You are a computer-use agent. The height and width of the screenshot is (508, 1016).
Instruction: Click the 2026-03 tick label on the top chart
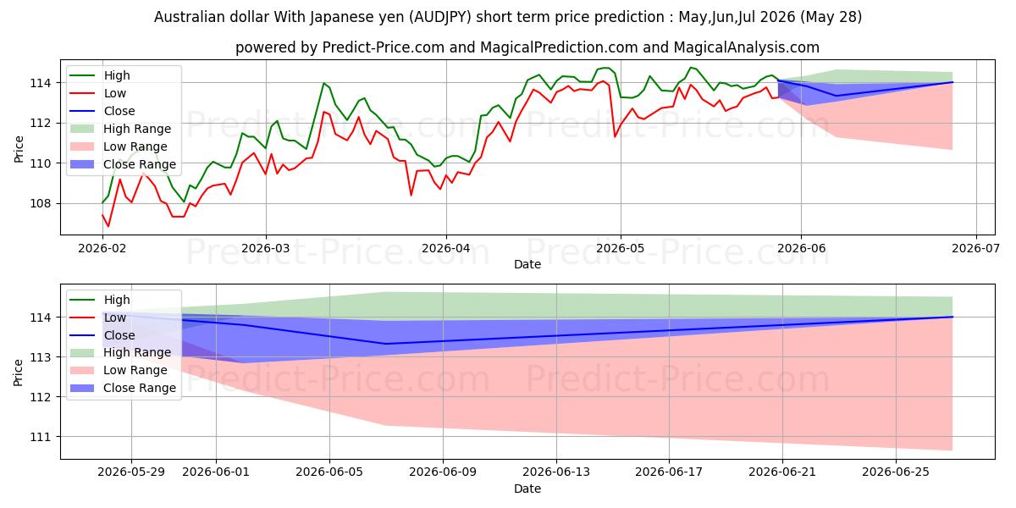[x=265, y=249]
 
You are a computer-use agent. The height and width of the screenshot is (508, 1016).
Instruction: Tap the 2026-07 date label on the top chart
[x=975, y=249]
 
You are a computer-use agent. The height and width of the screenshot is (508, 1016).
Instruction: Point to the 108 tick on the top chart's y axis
[x=41, y=204]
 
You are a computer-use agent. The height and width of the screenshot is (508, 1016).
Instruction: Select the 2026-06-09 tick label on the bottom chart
[x=443, y=472]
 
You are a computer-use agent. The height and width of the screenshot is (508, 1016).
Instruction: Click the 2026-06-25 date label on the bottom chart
[x=896, y=472]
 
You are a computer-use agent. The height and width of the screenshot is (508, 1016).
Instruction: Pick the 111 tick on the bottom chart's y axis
[x=41, y=437]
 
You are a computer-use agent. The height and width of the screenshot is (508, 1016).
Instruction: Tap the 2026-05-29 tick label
[x=131, y=472]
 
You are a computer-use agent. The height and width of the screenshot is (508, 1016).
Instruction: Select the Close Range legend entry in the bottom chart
[x=123, y=389]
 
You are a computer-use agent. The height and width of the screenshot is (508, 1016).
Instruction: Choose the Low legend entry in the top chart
[x=98, y=93]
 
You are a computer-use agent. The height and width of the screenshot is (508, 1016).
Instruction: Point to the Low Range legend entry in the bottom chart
[x=119, y=371]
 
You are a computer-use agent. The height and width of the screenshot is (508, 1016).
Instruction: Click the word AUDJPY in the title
[x=440, y=17]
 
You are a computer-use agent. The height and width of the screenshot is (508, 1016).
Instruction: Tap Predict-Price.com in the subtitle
[x=384, y=47]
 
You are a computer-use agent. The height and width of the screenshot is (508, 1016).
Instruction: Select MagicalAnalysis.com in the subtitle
[x=747, y=47]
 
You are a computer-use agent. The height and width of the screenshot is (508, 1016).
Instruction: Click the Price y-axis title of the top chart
[x=19, y=149]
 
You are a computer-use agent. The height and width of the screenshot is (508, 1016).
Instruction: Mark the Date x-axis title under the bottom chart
[x=527, y=489]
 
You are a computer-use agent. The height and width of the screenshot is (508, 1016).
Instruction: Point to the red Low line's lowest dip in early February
[x=108, y=226]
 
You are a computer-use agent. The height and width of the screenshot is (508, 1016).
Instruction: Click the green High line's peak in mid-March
[x=323, y=84]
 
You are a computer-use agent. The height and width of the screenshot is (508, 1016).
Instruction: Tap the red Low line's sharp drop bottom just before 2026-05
[x=615, y=136]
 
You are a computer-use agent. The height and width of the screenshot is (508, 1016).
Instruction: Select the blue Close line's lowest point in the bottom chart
[x=385, y=344]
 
